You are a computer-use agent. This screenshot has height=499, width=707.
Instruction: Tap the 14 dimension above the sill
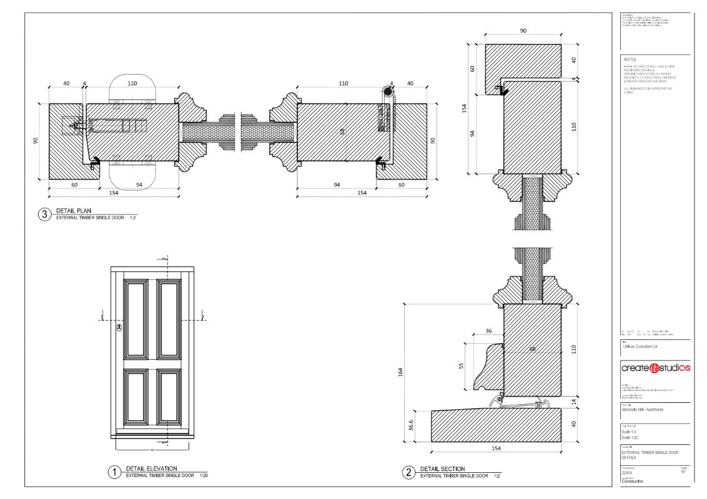point(574,403)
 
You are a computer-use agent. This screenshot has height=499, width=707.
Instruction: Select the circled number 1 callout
point(114,472)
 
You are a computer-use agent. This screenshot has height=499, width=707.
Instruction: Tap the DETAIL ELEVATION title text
point(151,468)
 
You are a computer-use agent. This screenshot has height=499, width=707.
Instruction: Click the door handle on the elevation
point(119,326)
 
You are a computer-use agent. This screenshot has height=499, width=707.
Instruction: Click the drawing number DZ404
point(627,473)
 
